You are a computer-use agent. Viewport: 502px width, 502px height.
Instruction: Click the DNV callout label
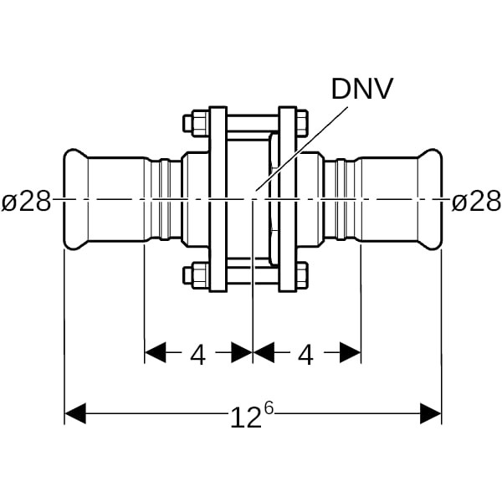pos(361,89)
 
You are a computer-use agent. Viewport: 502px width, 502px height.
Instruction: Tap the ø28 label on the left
pos(26,202)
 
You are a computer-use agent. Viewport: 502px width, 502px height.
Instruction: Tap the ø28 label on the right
pos(476,202)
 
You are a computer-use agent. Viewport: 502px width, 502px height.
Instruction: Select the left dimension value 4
pos(197,356)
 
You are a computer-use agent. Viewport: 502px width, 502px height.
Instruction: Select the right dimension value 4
pos(305,356)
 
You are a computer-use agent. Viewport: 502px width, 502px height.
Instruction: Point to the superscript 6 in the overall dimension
pos(269,408)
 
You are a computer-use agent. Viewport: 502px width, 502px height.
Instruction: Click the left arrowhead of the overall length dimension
pos(75,413)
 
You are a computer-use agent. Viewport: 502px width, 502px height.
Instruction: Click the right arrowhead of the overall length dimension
pos(431,413)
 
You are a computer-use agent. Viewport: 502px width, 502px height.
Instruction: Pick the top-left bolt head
pos(197,124)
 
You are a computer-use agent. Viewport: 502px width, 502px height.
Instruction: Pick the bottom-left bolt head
pos(197,275)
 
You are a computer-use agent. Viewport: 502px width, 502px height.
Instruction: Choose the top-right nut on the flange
pos(303,123)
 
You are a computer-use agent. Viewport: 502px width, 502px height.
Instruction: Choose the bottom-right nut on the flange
pos(303,275)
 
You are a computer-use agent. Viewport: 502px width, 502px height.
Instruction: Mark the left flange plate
pos(218,199)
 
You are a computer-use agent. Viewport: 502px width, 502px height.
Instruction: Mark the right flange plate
pos(288,199)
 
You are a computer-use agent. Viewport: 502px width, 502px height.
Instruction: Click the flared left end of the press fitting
pos(76,199)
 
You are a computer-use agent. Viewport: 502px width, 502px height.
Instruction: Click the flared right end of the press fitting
pos(430,199)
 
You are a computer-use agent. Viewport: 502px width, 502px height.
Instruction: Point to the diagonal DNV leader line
pos(301,149)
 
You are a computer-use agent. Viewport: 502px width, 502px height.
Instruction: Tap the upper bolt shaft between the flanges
pos(253,123)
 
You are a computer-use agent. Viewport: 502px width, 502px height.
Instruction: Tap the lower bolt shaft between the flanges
pos(253,275)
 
